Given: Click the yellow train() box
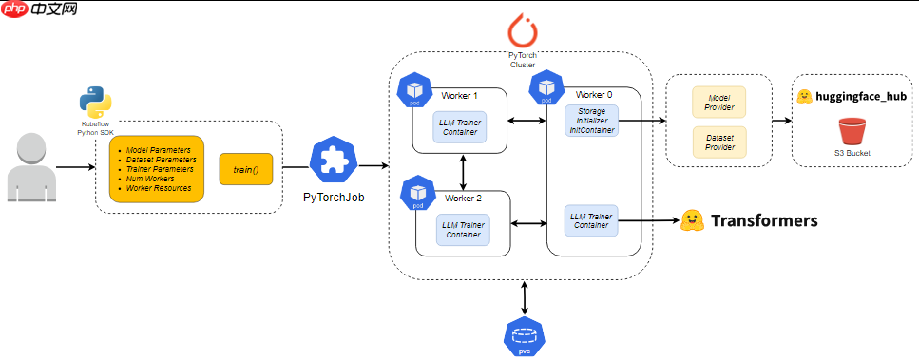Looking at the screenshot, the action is click(x=246, y=169).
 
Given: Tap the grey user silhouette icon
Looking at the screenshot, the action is click(x=31, y=168).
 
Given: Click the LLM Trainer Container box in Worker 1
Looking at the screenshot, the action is click(x=460, y=126).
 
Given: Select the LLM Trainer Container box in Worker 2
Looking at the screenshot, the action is click(x=463, y=230).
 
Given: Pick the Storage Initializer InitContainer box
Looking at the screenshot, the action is click(x=591, y=122).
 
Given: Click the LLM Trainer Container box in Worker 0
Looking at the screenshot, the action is click(x=591, y=220).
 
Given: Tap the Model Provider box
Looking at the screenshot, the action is click(x=719, y=103).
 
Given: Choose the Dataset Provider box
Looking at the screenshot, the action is click(x=719, y=142).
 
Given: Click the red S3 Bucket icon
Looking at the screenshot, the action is click(x=852, y=132).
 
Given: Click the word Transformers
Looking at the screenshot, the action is click(x=764, y=220).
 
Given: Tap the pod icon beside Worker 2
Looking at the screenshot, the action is click(x=418, y=196).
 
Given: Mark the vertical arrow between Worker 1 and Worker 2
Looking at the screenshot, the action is click(x=464, y=172).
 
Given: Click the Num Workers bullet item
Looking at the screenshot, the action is click(x=150, y=179).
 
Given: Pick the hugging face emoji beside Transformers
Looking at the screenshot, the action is click(x=692, y=220).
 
